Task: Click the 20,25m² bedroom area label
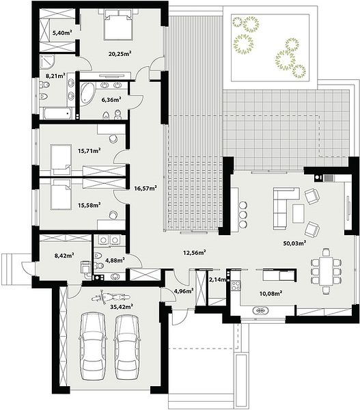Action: click(120, 54)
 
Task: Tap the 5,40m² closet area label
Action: click(62, 33)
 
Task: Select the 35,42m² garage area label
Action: click(122, 306)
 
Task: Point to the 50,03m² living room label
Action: click(294, 243)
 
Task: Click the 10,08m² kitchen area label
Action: click(271, 293)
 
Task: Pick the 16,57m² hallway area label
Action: click(146, 188)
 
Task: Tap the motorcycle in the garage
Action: click(111, 297)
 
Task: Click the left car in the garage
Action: click(93, 346)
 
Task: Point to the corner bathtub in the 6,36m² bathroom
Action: click(87, 93)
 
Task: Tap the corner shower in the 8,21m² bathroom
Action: click(47, 61)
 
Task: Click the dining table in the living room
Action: click(326, 271)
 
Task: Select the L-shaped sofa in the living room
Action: click(283, 206)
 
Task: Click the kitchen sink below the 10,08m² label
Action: click(261, 311)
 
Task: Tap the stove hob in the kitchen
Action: click(236, 285)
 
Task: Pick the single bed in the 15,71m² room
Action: click(61, 159)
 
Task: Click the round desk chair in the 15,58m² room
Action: click(113, 215)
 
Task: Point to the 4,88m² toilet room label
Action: click(115, 260)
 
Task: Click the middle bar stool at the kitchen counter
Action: click(243, 215)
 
